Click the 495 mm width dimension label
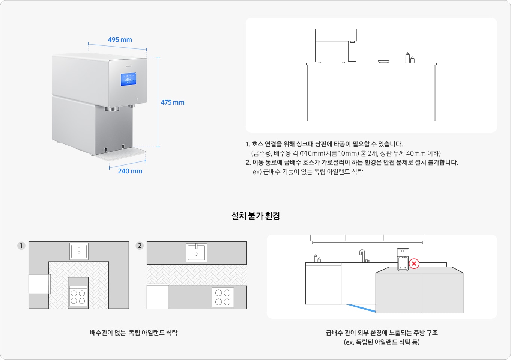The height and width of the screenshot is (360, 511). point(120,40)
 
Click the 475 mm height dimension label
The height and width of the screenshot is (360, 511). point(173,102)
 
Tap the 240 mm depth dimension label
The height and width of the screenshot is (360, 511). point(130,171)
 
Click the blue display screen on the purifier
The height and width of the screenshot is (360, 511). point(128,79)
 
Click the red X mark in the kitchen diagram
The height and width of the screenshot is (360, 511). point(414,264)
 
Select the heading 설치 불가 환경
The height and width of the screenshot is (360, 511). point(255,216)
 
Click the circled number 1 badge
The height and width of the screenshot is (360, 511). point(21,246)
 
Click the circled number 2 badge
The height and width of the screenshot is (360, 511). point(140,246)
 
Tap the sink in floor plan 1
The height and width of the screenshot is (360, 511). point(79,251)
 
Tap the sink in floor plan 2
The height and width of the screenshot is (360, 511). point(196,252)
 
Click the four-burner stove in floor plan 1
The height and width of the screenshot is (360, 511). point(78,297)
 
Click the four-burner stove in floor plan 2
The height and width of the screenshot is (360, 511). point(223,297)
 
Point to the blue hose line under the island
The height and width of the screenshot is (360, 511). point(360,308)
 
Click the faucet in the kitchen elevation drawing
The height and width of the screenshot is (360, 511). point(363,256)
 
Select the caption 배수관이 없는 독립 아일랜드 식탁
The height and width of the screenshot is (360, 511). point(134,333)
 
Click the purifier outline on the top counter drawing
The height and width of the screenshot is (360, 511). point(335,45)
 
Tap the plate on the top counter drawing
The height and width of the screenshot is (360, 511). point(383,62)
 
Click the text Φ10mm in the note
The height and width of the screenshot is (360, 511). point(311,154)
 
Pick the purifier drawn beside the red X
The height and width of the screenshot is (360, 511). point(403,259)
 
